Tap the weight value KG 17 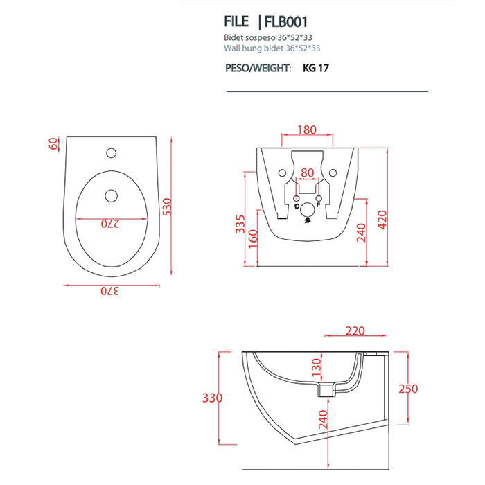315,69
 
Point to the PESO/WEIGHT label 258,69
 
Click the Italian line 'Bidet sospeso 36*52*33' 266,37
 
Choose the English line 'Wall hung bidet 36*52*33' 272,48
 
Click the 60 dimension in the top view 53,144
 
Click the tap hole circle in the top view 111,151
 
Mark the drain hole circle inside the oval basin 111,195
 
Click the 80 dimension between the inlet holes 307,173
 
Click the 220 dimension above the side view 354,331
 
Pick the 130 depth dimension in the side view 315,367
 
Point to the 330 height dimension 212,398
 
